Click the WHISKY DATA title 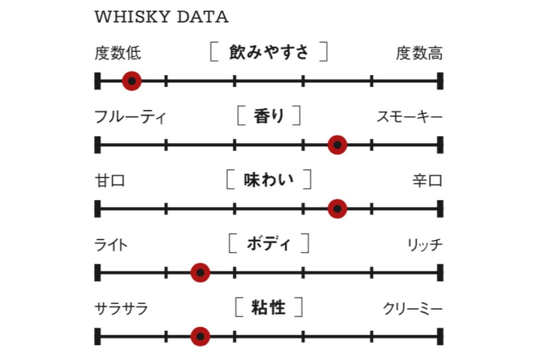pyautogui.click(x=162, y=17)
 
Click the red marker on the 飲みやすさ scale pyautogui.click(x=132, y=81)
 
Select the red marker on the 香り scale pyautogui.click(x=337, y=145)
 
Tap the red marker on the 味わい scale pyautogui.click(x=337, y=209)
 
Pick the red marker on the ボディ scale pyautogui.click(x=200, y=273)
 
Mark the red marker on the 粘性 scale pyautogui.click(x=200, y=337)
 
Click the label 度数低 pyautogui.click(x=118, y=53)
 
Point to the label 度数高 pyautogui.click(x=419, y=53)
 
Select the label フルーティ pyautogui.click(x=130, y=117)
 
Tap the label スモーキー pyautogui.click(x=410, y=117)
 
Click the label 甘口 pyautogui.click(x=110, y=181)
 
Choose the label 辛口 pyautogui.click(x=427, y=181)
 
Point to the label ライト pyautogui.click(x=111, y=245)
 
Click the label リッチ pyautogui.click(x=425, y=245)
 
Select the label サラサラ pyautogui.click(x=121, y=309)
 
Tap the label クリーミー pyautogui.click(x=413, y=309)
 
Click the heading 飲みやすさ pyautogui.click(x=269, y=52)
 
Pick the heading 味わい pyautogui.click(x=269, y=180)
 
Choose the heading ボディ pyautogui.click(x=269, y=244)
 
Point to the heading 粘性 pyautogui.click(x=269, y=307)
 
